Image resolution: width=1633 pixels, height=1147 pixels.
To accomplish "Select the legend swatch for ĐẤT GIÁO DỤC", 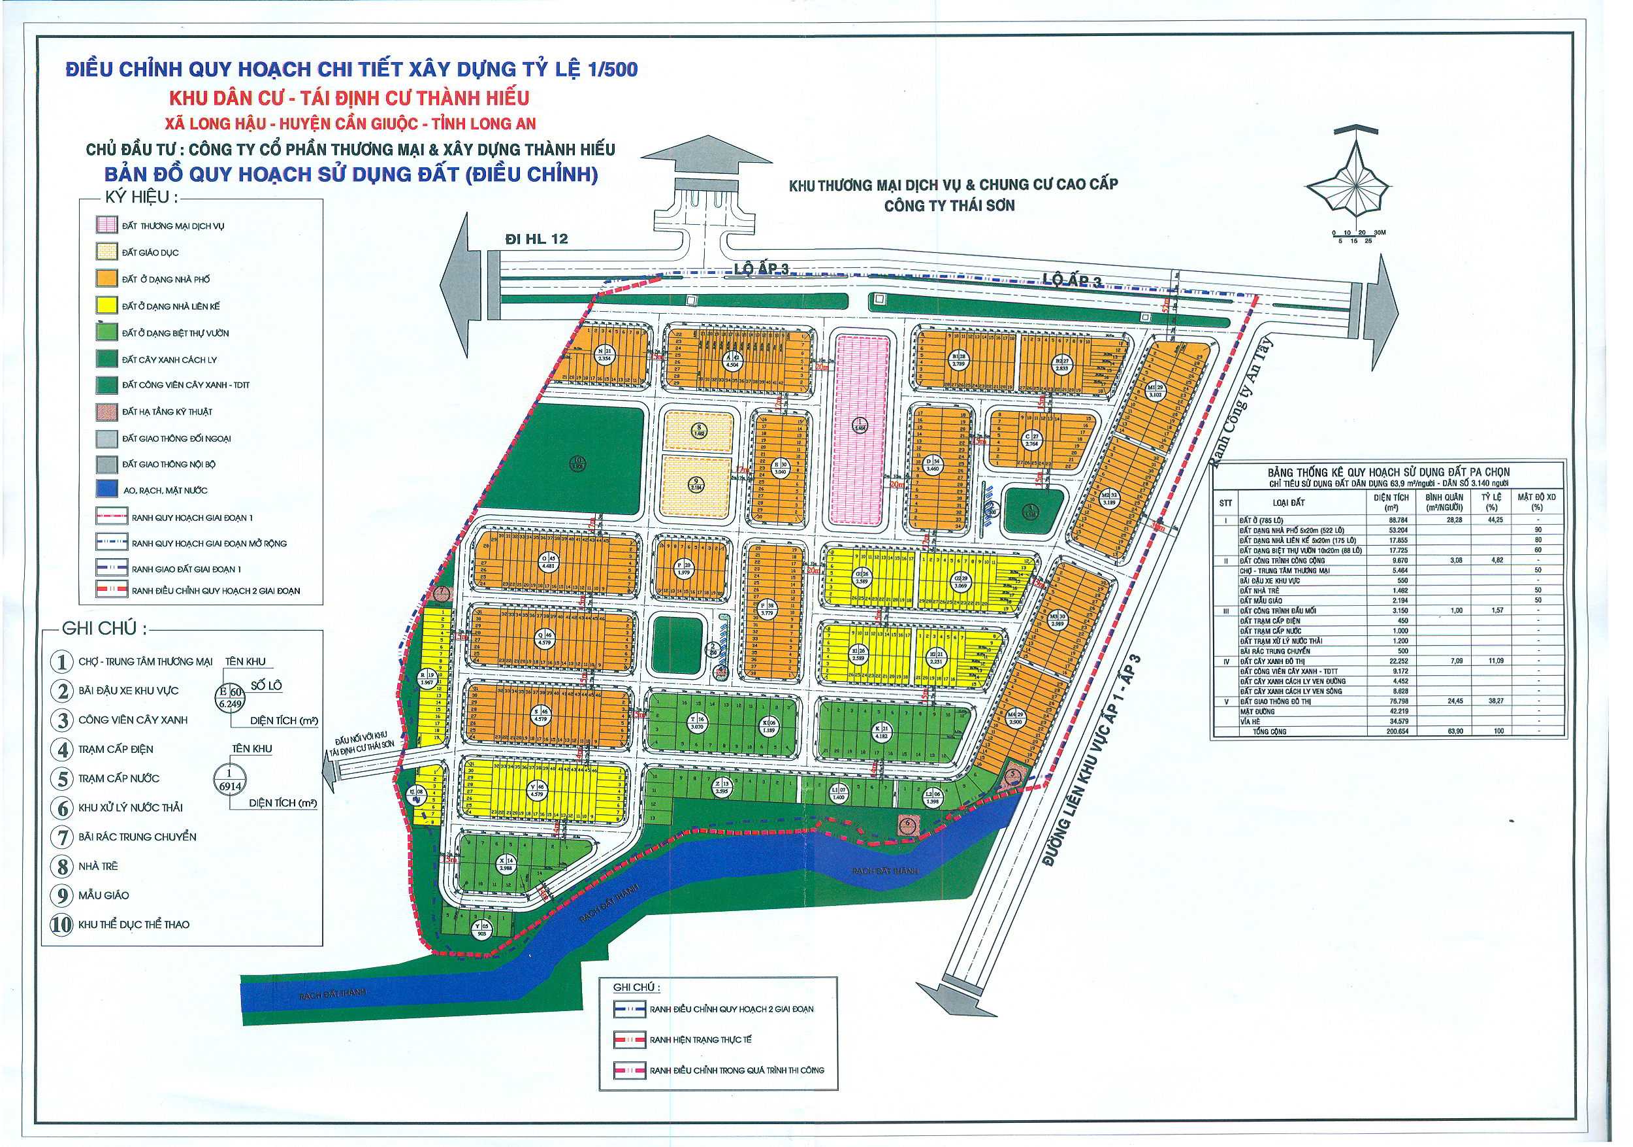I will [x=106, y=252].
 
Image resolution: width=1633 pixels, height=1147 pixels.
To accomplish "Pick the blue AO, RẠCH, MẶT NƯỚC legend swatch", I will [x=106, y=490].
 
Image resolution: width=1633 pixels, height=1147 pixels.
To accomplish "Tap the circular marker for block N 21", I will [x=605, y=354].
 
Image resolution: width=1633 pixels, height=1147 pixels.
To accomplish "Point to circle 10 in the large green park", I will [x=577, y=465].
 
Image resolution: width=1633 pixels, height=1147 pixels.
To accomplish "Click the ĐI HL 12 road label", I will [x=536, y=239].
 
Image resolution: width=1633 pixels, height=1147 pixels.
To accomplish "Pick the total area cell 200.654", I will [x=1397, y=731].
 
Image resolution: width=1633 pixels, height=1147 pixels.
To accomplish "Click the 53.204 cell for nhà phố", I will [x=1398, y=530].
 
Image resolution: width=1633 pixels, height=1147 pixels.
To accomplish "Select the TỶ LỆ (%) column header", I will [x=1491, y=502].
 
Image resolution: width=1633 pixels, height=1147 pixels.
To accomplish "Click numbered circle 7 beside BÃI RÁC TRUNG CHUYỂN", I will [x=63, y=837].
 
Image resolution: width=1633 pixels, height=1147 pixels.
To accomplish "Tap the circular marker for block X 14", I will [x=506, y=864].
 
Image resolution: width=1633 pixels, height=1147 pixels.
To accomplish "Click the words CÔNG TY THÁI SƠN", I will [x=950, y=207].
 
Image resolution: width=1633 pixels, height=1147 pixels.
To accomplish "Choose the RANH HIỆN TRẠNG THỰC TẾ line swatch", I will [x=629, y=1040].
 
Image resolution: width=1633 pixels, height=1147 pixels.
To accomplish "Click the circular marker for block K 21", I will [x=882, y=732].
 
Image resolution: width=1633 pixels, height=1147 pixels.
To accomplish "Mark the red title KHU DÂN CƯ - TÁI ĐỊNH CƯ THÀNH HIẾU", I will [x=349, y=97].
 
